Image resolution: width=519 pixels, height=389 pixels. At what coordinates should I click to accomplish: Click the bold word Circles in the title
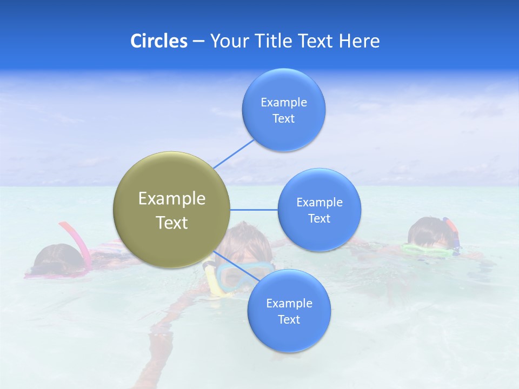(x=158, y=41)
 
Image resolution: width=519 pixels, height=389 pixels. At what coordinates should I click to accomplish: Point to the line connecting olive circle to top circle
(x=234, y=154)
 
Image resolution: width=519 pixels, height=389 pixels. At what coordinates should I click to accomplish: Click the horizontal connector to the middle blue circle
(x=254, y=210)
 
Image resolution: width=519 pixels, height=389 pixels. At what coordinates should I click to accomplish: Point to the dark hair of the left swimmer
(x=57, y=256)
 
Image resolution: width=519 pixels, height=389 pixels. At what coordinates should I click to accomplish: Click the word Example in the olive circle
(x=172, y=199)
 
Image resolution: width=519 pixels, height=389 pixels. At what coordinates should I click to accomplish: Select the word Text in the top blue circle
(x=284, y=119)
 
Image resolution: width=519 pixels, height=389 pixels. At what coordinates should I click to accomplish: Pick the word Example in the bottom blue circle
(x=289, y=303)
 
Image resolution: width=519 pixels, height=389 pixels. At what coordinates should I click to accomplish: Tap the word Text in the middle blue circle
(x=320, y=218)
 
